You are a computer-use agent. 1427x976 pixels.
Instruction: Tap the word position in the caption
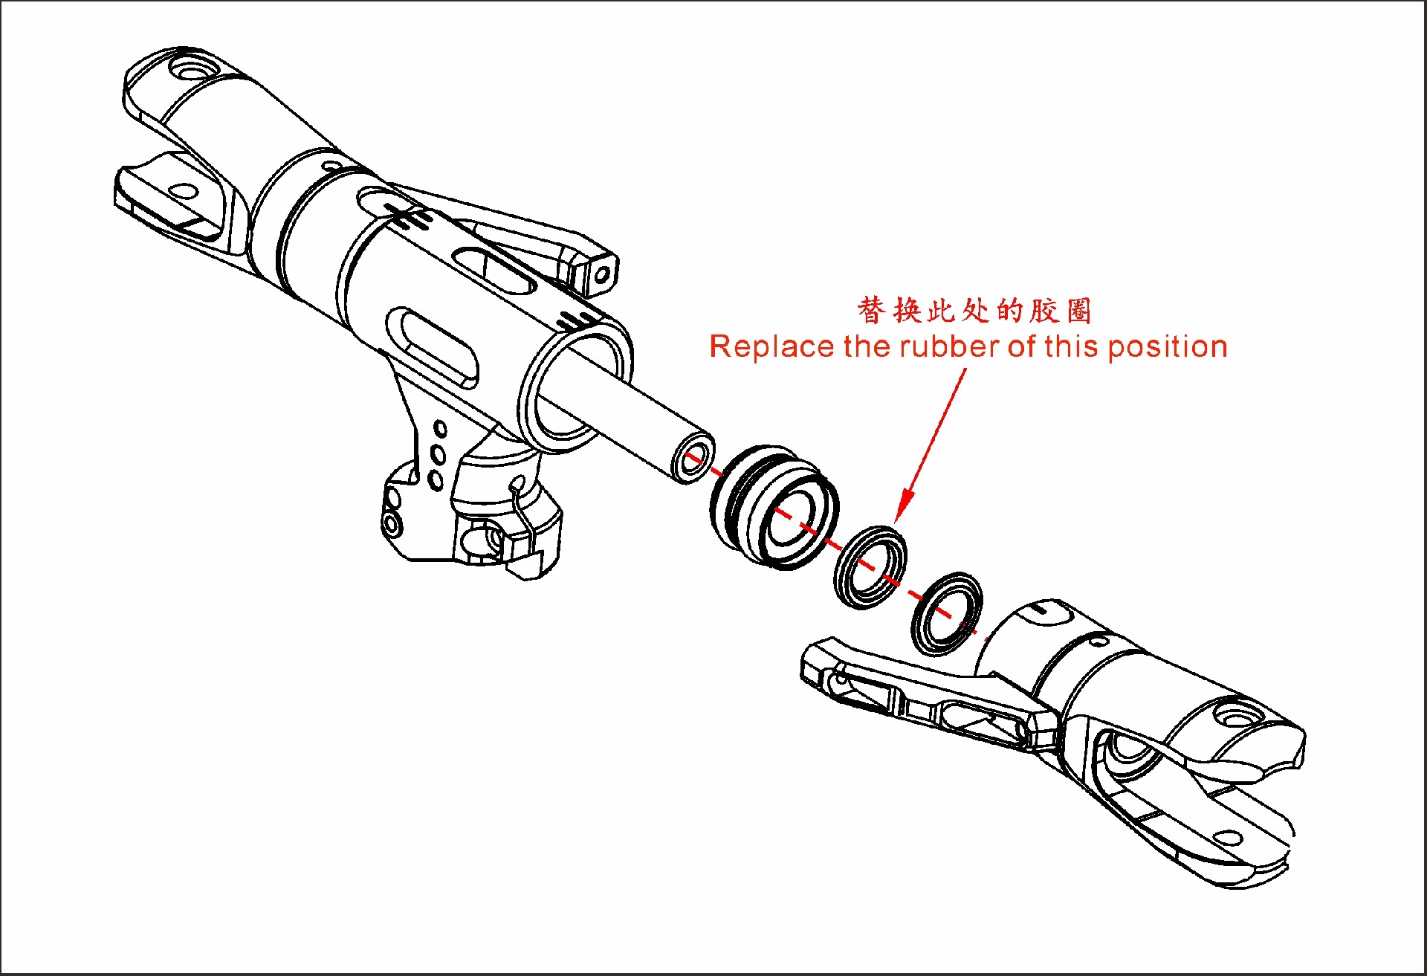pos(1167,348)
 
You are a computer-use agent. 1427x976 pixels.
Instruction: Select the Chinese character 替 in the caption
pos(871,310)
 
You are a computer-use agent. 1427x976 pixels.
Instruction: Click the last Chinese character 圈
pos(1078,310)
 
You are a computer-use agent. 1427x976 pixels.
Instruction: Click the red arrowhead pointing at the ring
pos(903,509)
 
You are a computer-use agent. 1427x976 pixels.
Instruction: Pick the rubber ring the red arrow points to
pos(870,566)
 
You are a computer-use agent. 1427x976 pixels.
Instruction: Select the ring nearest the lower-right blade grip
pos(946,613)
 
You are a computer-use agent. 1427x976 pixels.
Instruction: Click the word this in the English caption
pos(1071,347)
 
